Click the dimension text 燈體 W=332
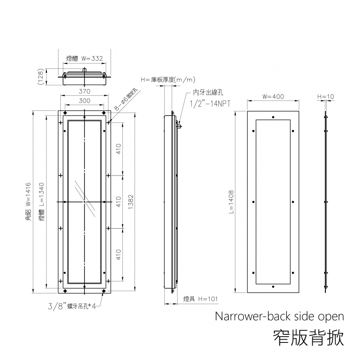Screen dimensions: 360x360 pos(85,58)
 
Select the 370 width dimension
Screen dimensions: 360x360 pos(85,91)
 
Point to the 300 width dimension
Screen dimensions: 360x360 pos(85,101)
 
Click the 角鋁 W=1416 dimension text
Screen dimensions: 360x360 pos(28,202)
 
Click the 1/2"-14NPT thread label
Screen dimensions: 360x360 pos(210,103)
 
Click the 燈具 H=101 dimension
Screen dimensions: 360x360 pos(201,299)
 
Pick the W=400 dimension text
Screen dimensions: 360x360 pos(273,97)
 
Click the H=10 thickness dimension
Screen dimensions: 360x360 pos(325,97)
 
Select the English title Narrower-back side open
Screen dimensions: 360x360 pos(279,316)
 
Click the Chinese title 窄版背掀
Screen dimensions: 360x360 pos(309,337)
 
